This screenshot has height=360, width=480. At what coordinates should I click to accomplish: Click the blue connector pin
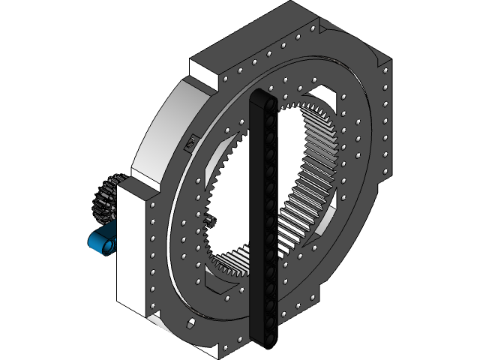click(103, 241)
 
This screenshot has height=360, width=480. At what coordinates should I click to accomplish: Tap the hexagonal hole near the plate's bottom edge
click(190, 323)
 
